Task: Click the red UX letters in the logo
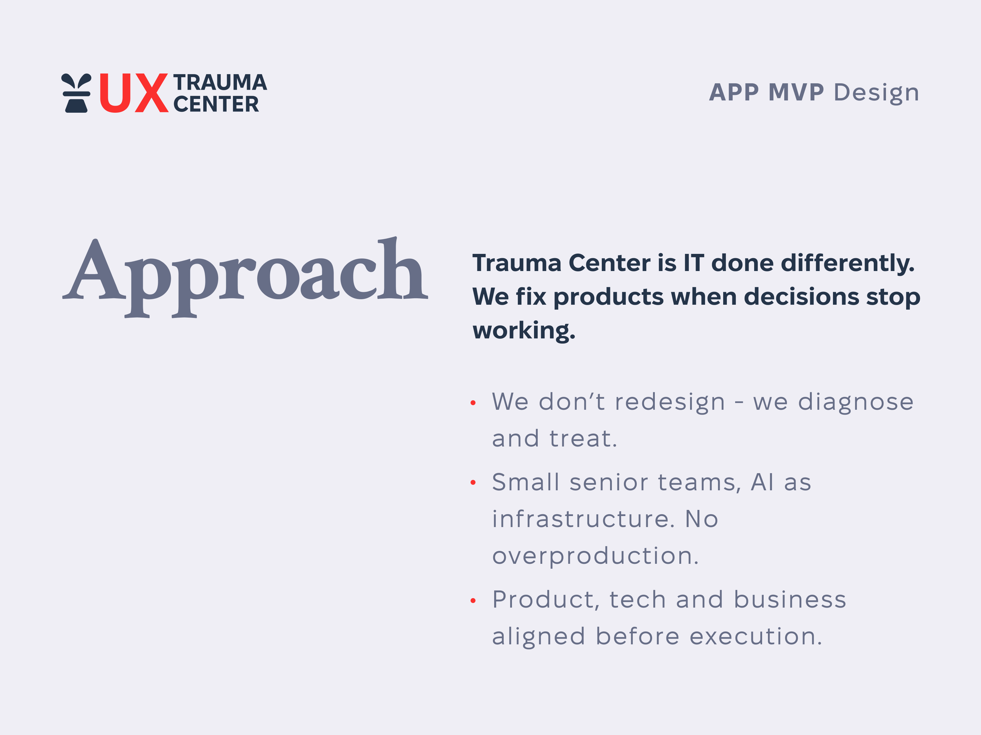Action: [x=133, y=93]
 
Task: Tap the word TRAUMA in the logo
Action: [x=220, y=82]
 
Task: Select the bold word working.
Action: [x=524, y=330]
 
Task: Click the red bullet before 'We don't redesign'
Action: [x=473, y=403]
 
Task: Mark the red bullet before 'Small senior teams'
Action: [x=473, y=482]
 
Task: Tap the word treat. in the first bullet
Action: [x=583, y=439]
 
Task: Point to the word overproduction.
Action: [x=595, y=556]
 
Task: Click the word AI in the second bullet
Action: [x=762, y=482]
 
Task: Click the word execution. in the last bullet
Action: [x=756, y=637]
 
